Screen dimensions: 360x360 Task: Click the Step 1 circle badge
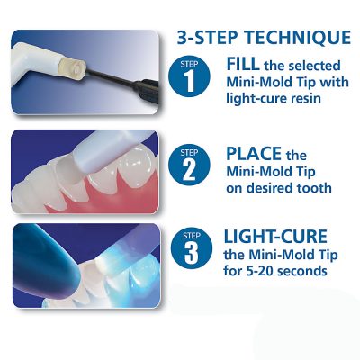(x=189, y=76)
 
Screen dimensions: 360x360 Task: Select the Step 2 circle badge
(x=189, y=166)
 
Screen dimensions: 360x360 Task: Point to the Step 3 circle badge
(x=192, y=248)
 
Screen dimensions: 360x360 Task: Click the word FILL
(x=243, y=64)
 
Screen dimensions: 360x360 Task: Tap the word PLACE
(x=254, y=154)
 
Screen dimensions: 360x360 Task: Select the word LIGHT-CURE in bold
(x=275, y=237)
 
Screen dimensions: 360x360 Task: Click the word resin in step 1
(x=304, y=98)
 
